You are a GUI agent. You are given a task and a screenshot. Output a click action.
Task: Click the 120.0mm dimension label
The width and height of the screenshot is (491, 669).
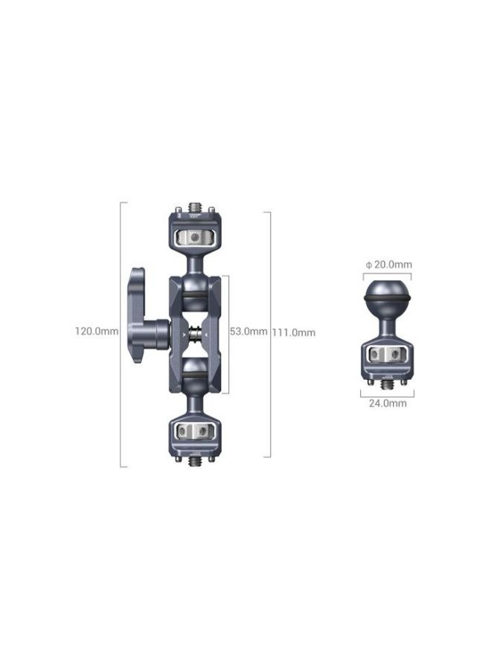[96, 332]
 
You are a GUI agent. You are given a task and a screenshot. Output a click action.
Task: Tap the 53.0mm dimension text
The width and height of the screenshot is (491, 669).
[247, 332]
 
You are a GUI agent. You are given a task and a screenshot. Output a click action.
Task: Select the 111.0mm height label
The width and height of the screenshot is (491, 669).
[295, 332]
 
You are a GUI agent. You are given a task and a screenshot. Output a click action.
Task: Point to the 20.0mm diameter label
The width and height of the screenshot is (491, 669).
[388, 265]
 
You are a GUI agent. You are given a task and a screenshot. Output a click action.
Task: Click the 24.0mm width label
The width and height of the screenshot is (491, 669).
[388, 403]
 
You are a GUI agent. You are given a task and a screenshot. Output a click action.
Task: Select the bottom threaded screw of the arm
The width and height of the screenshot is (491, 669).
[195, 462]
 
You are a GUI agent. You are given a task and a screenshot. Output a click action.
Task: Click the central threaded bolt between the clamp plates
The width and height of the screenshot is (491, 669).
[195, 333]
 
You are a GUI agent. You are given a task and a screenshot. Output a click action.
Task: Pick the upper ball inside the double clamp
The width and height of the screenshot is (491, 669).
[195, 293]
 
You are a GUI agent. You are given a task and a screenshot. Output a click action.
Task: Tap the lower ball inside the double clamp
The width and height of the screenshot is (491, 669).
[195, 372]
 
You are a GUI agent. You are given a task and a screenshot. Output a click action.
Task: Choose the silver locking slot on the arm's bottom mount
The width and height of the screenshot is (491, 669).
[195, 430]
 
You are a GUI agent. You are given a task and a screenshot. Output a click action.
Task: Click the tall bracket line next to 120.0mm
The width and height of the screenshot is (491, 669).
[121, 334]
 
